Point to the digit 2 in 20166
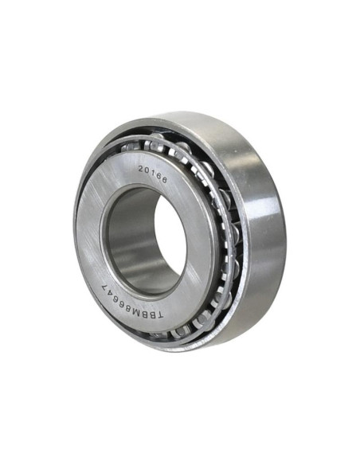pos(141,169)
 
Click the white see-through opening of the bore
pos(168,240)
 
